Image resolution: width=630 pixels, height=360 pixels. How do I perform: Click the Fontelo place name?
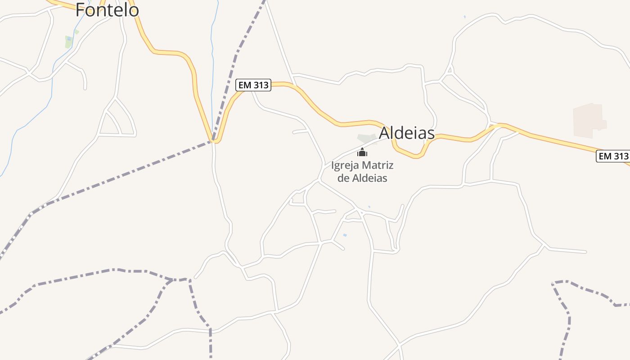[107, 10]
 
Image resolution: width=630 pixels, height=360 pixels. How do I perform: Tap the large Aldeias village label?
[407, 133]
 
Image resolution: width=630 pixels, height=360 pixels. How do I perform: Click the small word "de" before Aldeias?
[343, 178]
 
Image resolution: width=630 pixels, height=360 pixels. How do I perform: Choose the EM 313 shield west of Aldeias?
[253, 85]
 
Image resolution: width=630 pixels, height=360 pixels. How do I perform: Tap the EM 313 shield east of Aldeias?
[612, 156]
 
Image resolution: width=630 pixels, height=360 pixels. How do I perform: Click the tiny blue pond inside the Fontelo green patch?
[68, 39]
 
